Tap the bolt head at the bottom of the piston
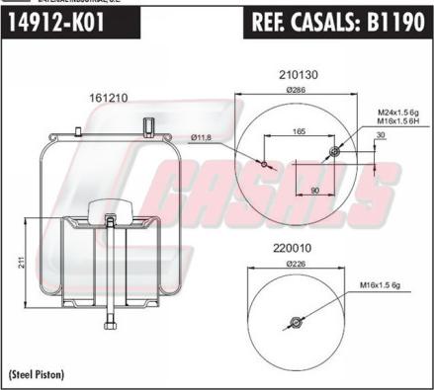pyautogui.click(x=111, y=326)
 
